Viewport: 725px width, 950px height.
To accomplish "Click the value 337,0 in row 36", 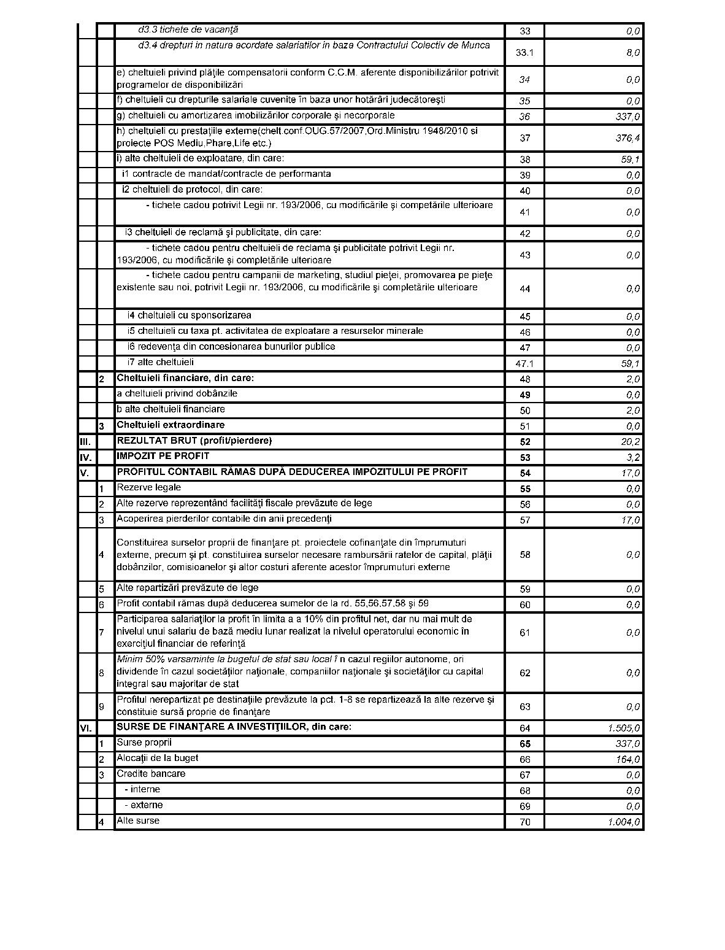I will pos(627,117).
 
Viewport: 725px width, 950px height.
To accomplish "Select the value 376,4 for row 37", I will pos(627,138).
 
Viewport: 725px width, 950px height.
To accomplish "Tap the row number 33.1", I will pos(524,53).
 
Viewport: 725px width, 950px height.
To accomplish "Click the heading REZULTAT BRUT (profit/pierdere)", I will pos(194,441).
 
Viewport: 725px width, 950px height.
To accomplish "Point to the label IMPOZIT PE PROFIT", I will pos(163,456).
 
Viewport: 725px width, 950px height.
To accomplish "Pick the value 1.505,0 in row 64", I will pos(624,728).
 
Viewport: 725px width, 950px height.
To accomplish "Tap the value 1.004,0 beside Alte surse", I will pos(624,822).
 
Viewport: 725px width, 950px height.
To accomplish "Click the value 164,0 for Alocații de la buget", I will pos(627,760).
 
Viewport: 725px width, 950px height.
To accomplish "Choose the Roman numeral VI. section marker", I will pos(86,728).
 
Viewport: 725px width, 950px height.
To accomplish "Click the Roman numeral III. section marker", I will pos(85,442).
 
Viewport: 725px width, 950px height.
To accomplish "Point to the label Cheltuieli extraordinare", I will pos(171,425).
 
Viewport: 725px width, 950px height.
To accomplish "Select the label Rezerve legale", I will pos(148,487).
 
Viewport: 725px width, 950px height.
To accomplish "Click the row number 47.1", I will pos(524,363).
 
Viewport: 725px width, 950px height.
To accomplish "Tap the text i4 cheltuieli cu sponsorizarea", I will pos(189,315).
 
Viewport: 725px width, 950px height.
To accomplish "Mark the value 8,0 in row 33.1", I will pos(634,53).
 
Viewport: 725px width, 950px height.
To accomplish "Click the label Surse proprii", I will pos(144,743).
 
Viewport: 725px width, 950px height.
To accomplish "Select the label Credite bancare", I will pos(151,774).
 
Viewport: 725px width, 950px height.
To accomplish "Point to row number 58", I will pos(525,555).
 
